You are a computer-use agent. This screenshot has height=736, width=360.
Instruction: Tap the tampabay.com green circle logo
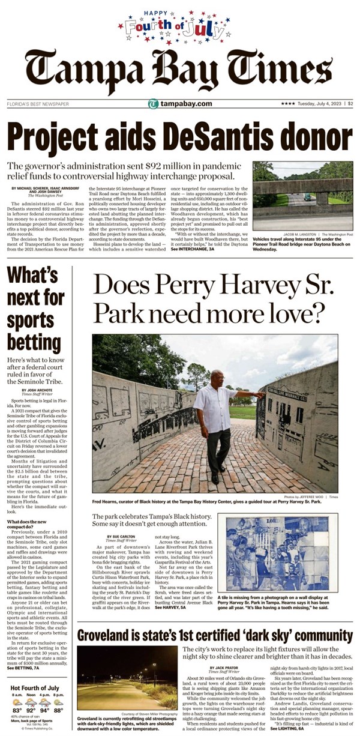tap(154, 104)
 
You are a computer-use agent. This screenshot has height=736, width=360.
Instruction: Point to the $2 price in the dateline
tap(350, 103)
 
